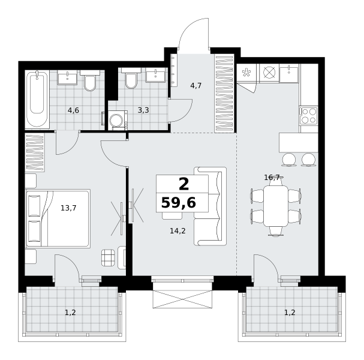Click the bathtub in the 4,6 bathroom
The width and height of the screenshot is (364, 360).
[37, 100]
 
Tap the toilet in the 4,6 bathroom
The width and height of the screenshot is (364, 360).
[90, 80]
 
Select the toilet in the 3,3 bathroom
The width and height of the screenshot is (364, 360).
[131, 78]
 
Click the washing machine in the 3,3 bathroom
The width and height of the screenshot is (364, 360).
[118, 121]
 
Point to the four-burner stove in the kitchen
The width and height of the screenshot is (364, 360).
[308, 116]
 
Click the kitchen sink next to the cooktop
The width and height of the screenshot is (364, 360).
[289, 73]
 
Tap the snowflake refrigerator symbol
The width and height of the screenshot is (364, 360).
[246, 73]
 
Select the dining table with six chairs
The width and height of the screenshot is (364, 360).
[276, 206]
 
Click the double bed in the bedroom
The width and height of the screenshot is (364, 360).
[58, 218]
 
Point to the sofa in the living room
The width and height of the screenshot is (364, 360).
[210, 206]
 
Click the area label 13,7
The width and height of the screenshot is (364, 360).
[68, 208]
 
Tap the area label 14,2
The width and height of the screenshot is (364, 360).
[178, 230]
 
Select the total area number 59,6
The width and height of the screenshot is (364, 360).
[179, 203]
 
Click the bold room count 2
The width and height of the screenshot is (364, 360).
[184, 184]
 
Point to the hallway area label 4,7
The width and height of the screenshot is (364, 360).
[195, 86]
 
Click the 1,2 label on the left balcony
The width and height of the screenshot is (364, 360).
[70, 313]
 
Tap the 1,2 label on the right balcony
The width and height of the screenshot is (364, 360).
[290, 313]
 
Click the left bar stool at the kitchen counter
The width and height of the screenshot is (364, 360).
[289, 160]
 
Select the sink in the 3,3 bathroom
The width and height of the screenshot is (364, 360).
[155, 75]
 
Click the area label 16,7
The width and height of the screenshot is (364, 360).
[272, 178]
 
